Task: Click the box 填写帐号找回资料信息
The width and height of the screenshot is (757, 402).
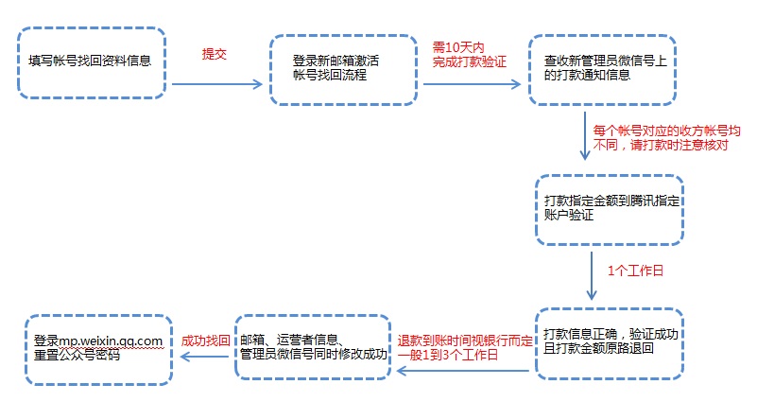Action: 91,62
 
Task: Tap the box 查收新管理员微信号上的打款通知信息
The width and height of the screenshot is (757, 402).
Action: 602,71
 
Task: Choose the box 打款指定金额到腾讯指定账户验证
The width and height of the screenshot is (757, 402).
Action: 610,210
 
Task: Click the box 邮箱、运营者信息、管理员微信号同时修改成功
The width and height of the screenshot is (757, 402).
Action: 312,347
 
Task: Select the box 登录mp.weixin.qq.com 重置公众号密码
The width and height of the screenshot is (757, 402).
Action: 98,347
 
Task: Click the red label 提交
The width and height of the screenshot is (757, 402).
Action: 215,55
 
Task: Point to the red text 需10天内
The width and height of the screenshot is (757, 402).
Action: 458,46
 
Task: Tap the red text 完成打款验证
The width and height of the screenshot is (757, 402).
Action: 470,61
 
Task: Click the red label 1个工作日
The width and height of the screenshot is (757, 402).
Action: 635,271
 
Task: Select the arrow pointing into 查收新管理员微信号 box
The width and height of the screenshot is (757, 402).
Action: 473,83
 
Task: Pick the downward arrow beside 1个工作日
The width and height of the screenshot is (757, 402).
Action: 592,274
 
